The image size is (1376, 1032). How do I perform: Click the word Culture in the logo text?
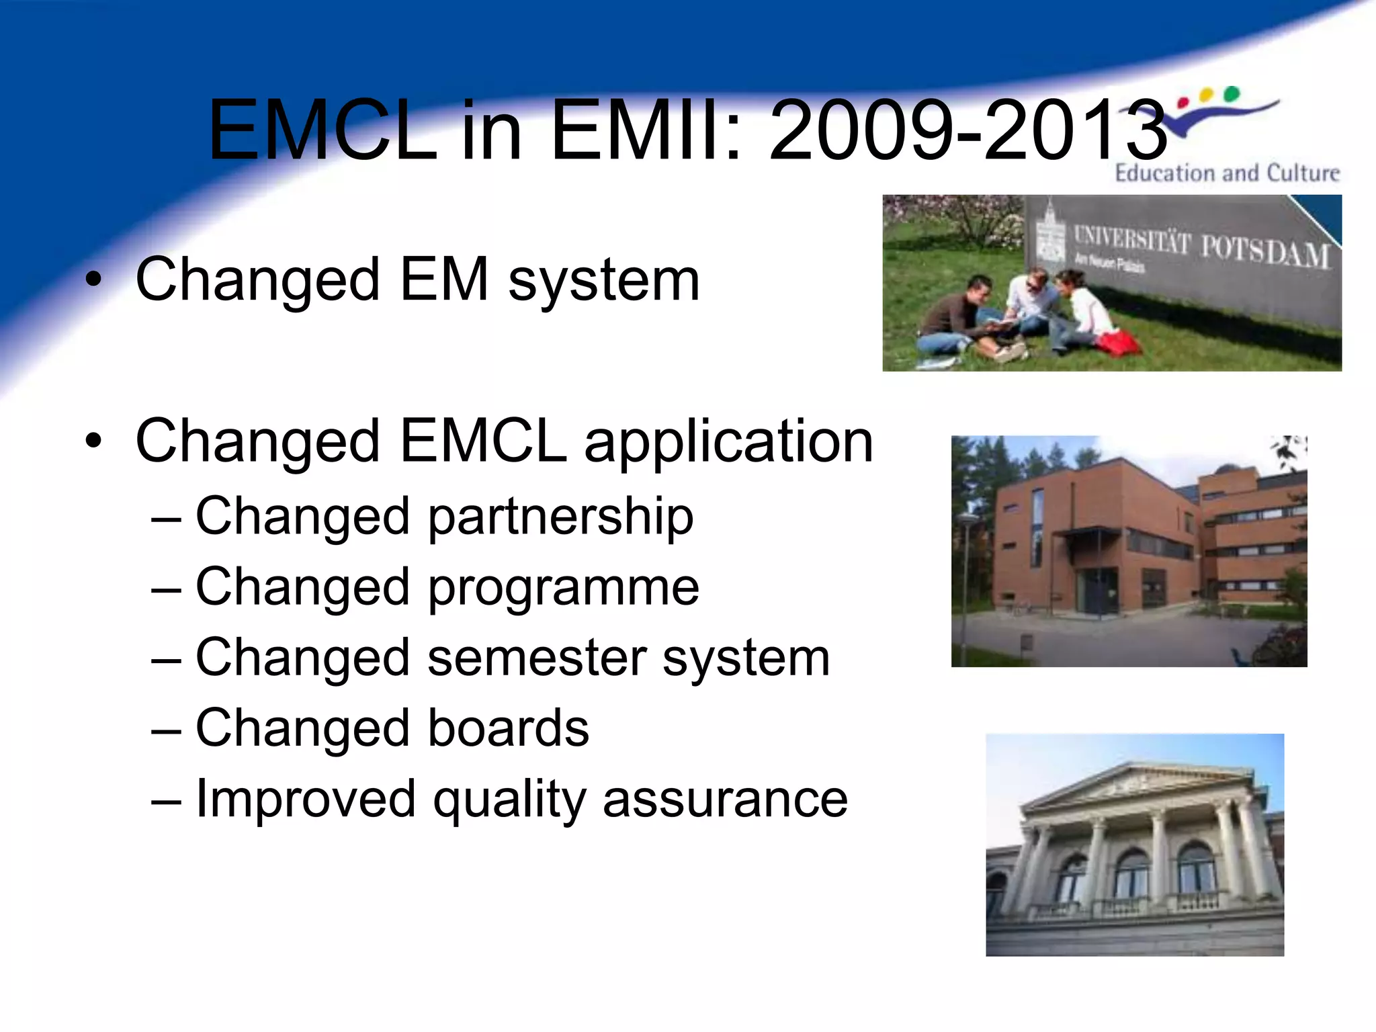[x=1303, y=173]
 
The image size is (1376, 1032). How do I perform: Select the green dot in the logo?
[x=1231, y=93]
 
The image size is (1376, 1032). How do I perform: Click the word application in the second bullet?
[x=728, y=442]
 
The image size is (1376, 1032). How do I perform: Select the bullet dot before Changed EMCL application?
[x=94, y=441]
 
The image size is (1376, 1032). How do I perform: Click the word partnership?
[x=560, y=517]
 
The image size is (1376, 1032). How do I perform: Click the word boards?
[x=508, y=728]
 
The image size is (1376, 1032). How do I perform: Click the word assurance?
[x=725, y=800]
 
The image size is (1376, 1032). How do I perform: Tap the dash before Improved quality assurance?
[x=166, y=801]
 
